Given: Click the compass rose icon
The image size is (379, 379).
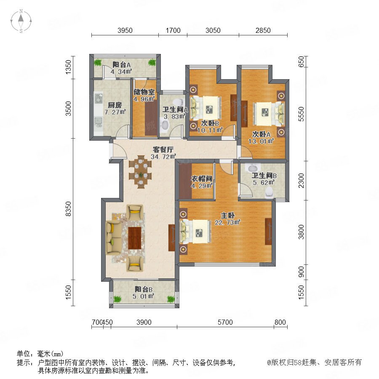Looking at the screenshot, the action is click(21, 21).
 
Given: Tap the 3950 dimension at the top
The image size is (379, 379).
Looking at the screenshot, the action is click(125, 30).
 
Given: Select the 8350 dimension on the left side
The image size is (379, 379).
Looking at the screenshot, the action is click(69, 209).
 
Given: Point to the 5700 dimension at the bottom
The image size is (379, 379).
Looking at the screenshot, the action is click(225, 322).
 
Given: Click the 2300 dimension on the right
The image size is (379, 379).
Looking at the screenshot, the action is click(301, 181).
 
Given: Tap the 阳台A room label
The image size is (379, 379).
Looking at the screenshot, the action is click(122, 65).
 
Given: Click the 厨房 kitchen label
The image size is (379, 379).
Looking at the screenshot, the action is click(115, 105).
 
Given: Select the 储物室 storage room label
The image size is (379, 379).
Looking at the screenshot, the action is click(144, 92).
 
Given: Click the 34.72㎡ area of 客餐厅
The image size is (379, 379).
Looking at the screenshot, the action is click(163, 157).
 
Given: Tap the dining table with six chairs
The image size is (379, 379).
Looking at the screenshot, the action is click(140, 171).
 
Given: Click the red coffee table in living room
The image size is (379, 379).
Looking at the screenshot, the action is click(135, 238).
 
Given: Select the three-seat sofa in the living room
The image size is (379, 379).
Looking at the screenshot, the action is click(114, 238).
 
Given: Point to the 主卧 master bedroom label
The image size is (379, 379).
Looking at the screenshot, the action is click(227, 215).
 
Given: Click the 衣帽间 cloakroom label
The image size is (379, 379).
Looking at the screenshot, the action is click(202, 179).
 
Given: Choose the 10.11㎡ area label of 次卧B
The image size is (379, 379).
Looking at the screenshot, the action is click(210, 131).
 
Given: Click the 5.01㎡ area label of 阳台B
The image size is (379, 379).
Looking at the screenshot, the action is click(144, 296).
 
